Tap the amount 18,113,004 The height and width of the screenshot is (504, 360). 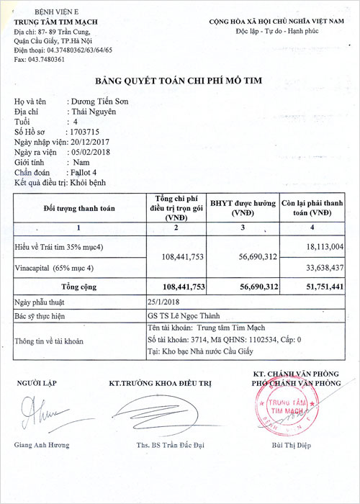pyautogui.click(x=323, y=246)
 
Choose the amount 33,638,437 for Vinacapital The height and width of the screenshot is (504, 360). pyautogui.click(x=323, y=269)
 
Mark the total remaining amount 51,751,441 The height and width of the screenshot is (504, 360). pyautogui.click(x=323, y=287)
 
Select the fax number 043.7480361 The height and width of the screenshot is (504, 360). pyautogui.click(x=46, y=60)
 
